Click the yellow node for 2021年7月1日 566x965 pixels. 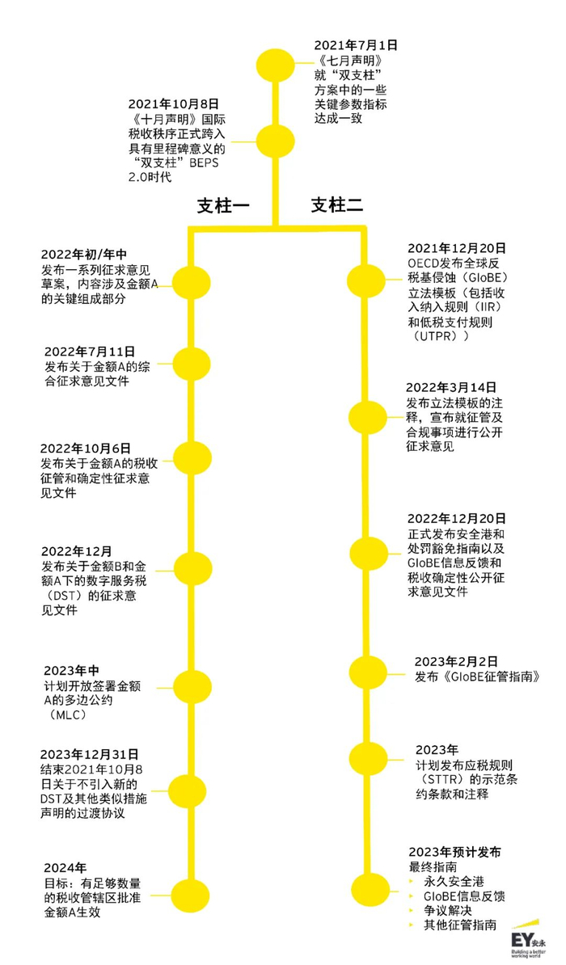point(275,68)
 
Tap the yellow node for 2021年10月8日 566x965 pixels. point(275,140)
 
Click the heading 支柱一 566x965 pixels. point(224,205)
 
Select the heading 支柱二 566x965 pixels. point(337,205)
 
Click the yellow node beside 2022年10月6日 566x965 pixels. point(192,458)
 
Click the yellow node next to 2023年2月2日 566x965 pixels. point(368,671)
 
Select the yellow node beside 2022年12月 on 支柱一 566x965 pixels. point(192,564)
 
